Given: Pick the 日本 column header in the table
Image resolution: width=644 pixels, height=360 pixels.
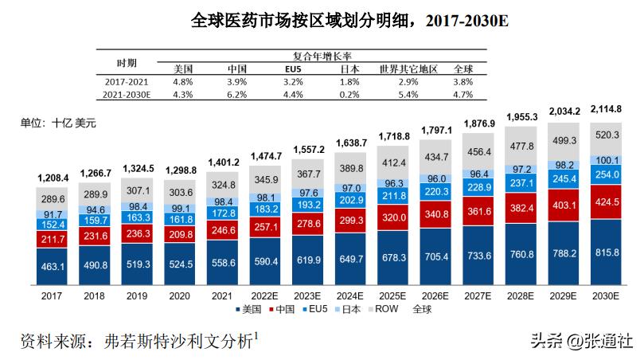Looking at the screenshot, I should point(349,68).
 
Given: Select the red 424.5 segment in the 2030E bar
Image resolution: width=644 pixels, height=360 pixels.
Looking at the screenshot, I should point(607,201).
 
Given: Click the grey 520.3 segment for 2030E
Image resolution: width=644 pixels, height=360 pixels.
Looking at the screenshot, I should point(607,135).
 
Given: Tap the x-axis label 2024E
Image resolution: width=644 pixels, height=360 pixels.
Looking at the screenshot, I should point(351,296).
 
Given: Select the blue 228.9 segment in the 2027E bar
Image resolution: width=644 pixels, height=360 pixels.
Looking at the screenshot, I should point(479,186).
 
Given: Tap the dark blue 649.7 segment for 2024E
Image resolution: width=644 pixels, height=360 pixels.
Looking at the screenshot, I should point(351,260).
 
